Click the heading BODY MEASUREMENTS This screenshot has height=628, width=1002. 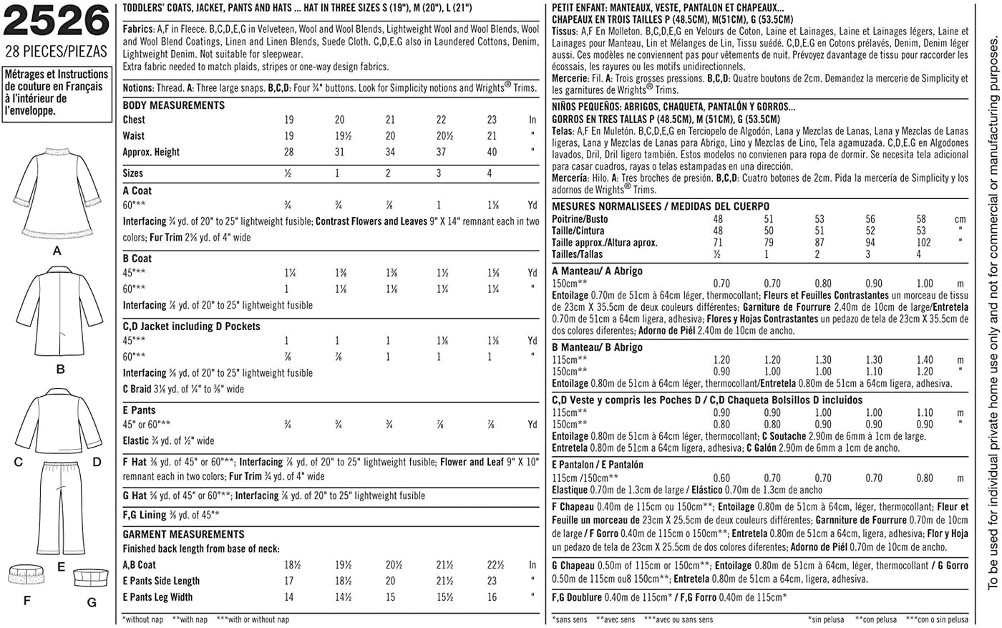(174, 105)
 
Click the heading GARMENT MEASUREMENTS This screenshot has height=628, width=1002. (183, 534)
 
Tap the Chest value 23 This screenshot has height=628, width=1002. (492, 120)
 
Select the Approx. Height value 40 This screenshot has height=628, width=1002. (492, 152)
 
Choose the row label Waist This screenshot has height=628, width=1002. (133, 136)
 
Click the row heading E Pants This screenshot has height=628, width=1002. (139, 410)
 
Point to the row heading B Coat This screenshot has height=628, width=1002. (137, 259)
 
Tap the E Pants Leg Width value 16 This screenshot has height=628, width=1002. (492, 597)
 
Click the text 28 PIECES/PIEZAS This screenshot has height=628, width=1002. (56, 52)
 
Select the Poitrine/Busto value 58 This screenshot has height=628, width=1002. (921, 219)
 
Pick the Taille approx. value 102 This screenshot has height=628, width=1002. (923, 243)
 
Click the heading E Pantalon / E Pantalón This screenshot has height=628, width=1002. (598, 465)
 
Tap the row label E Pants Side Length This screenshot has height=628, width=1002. (161, 581)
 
